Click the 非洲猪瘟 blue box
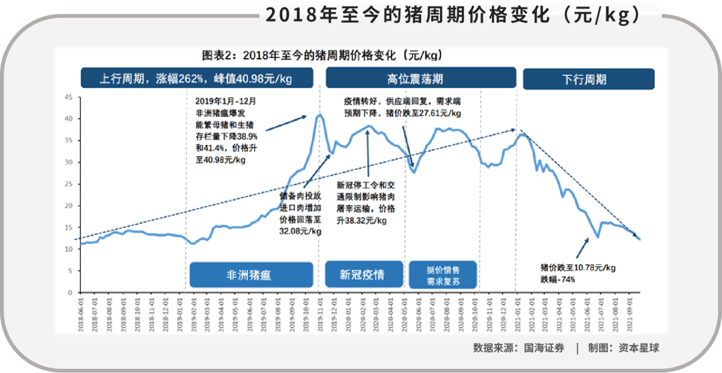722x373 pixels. click(x=251, y=274)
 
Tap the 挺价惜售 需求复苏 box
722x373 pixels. click(x=442, y=274)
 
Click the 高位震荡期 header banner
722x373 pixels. click(x=420, y=78)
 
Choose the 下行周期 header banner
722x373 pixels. click(x=588, y=79)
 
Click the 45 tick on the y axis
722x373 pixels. click(x=68, y=97)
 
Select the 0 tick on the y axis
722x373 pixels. click(x=70, y=293)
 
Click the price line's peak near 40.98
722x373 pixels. click(x=320, y=115)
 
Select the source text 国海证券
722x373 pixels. click(x=541, y=348)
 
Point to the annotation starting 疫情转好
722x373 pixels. click(x=402, y=107)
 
